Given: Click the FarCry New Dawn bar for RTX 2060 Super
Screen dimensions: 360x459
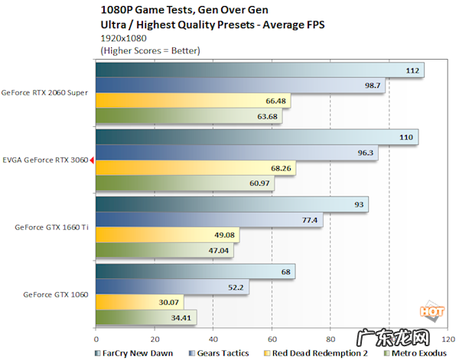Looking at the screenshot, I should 260,70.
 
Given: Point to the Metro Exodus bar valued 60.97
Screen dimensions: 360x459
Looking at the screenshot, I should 184,183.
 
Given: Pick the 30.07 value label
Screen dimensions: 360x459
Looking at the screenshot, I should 169,302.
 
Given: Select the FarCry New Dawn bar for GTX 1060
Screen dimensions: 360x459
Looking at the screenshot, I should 195,272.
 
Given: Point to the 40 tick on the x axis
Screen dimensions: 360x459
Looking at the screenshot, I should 213,339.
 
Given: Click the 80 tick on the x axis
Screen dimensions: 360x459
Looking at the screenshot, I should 330,339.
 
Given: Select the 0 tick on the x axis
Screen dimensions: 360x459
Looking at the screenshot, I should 96,339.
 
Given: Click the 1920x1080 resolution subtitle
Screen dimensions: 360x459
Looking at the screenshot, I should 124,36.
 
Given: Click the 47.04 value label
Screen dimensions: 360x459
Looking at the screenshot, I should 219,250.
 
